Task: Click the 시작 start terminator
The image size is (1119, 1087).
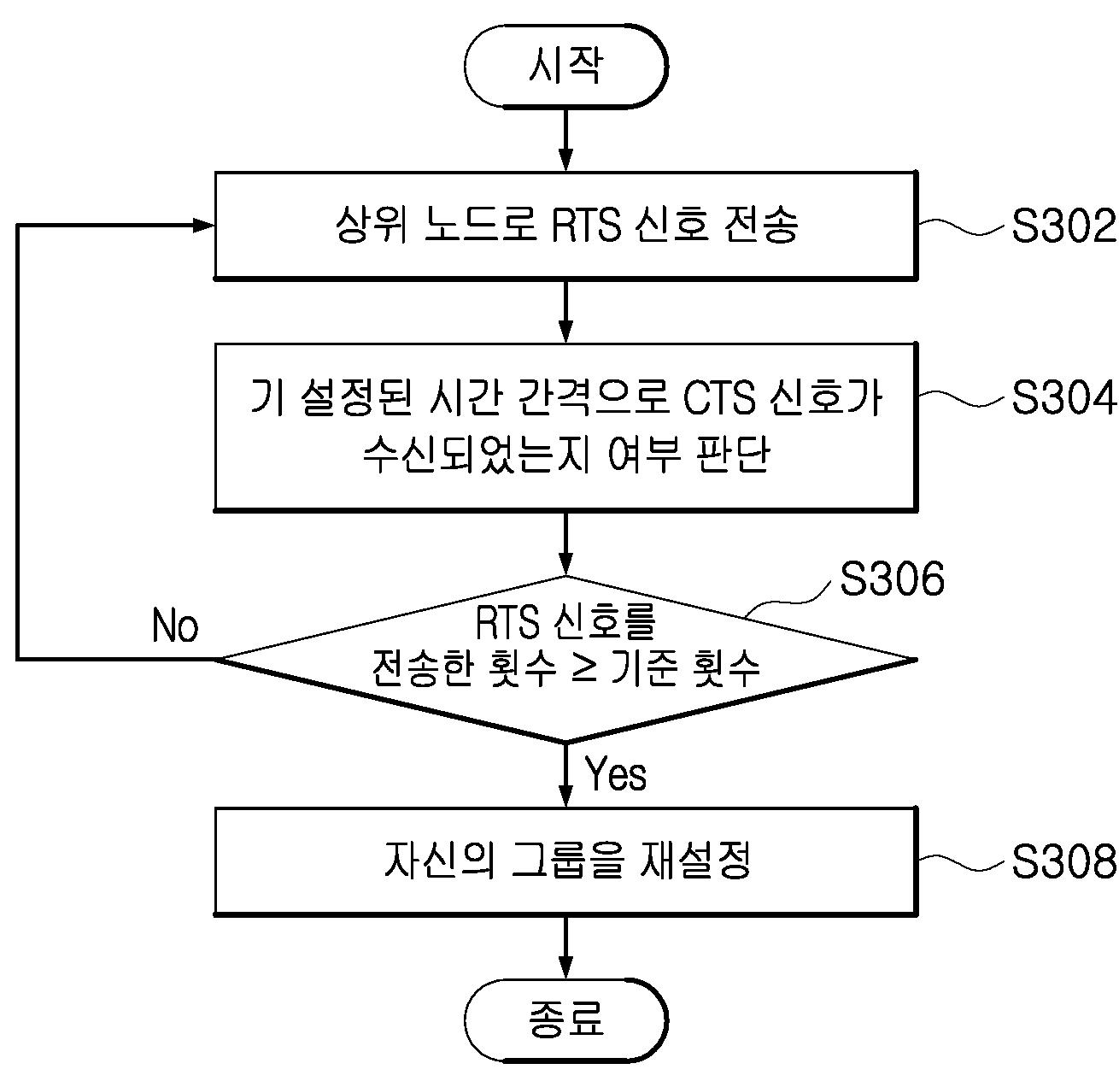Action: (x=565, y=66)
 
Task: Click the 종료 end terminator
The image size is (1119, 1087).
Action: (x=565, y=1019)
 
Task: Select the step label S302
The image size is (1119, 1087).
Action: (x=1063, y=226)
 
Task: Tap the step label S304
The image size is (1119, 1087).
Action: (x=1063, y=397)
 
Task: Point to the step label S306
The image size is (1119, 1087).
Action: (x=892, y=578)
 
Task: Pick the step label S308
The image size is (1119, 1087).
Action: (x=1063, y=861)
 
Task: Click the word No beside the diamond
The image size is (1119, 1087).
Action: (x=175, y=626)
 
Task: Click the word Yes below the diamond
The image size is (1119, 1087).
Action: (x=615, y=774)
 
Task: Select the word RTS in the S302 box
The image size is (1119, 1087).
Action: (x=586, y=225)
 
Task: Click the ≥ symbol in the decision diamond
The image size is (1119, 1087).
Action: (x=585, y=667)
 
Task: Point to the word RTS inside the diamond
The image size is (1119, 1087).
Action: (x=507, y=623)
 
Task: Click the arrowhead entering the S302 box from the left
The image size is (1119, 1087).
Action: (x=203, y=226)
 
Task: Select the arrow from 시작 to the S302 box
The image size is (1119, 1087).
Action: (x=565, y=140)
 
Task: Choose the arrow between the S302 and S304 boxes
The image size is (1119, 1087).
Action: (x=565, y=312)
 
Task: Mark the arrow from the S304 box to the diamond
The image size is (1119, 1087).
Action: (x=565, y=543)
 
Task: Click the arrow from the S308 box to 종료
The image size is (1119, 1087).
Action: (x=565, y=948)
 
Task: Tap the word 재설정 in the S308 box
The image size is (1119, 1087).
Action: (x=694, y=861)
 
